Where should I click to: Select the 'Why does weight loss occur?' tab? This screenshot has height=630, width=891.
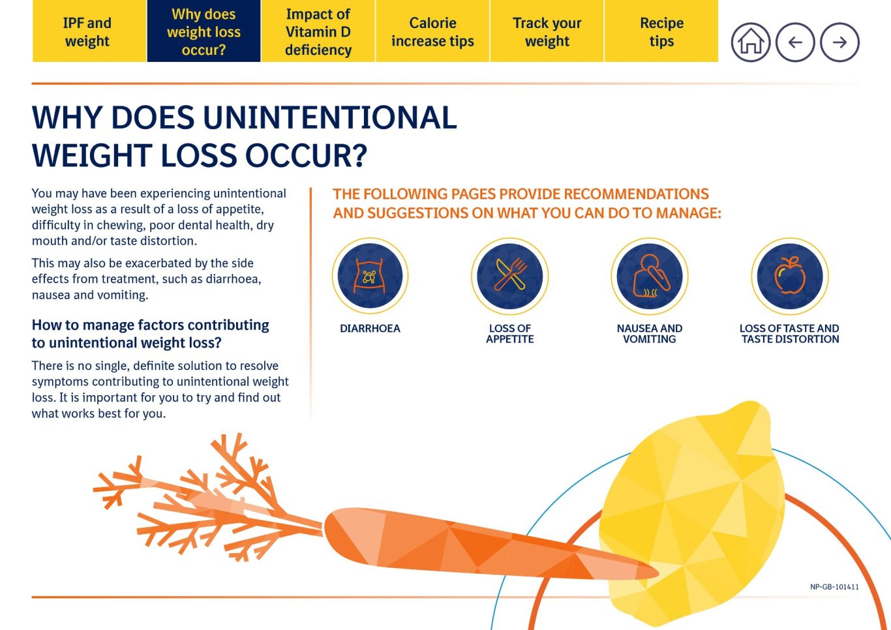point(204,31)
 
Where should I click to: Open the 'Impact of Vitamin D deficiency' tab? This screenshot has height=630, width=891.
point(318,31)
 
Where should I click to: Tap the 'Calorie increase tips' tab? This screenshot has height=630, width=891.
point(432,31)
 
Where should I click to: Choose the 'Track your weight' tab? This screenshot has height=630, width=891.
point(547,31)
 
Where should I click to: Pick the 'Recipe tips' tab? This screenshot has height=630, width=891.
point(661,31)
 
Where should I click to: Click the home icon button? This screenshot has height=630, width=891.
point(751,42)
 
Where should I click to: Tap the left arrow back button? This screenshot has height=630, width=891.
point(795,42)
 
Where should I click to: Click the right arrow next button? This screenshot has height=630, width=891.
point(839,42)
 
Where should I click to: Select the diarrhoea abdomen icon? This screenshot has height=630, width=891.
point(370,276)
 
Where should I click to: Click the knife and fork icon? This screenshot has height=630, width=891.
point(510,276)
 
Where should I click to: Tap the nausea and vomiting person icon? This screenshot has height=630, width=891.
point(650,276)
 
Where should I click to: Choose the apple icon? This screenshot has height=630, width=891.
point(790,276)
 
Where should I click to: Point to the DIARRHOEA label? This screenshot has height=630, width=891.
point(370,329)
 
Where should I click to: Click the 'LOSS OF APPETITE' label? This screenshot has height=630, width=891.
point(510,334)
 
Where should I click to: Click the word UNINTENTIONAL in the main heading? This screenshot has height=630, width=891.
point(330,117)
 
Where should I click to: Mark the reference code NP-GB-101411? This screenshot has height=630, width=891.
point(834,587)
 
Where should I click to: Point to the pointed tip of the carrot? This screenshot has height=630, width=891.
point(658,573)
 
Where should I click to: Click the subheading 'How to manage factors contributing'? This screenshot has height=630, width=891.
point(151,325)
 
